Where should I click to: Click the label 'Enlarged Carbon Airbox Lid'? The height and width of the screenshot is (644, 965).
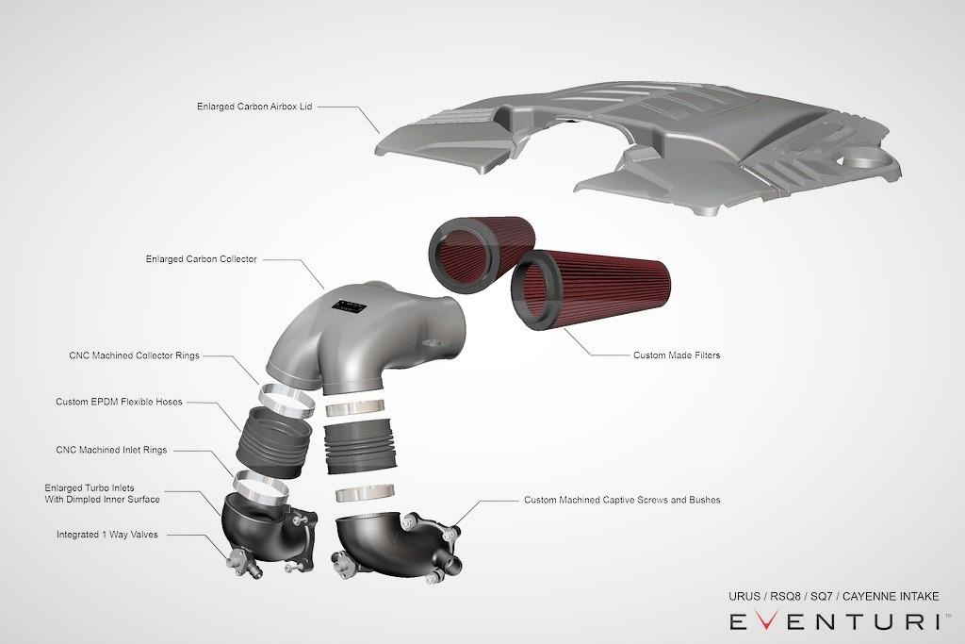254,107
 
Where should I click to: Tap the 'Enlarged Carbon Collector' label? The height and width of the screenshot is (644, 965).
202,257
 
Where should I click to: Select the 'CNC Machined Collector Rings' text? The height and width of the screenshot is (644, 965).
135,356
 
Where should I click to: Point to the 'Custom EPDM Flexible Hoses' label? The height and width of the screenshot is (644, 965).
119,402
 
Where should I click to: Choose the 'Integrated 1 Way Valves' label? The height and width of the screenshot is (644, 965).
106,534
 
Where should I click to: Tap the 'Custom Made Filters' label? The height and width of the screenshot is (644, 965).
676,355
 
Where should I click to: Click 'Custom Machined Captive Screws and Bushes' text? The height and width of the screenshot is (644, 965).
622,499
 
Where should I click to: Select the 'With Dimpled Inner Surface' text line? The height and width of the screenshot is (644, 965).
102,499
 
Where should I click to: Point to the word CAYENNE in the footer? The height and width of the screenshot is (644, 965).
868,596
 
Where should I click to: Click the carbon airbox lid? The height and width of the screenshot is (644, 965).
641,141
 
